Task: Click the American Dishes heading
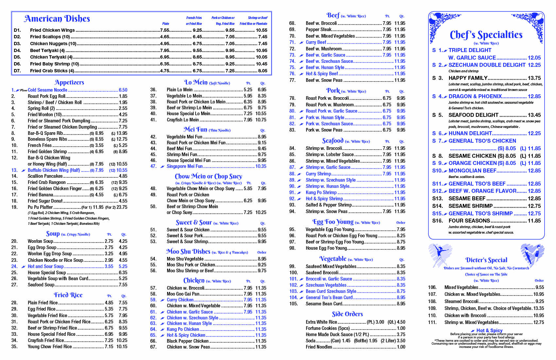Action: pyautogui.click(x=57, y=19)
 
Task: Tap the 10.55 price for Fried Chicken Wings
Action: pyautogui.click(x=261, y=30)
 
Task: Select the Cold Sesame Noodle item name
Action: pyautogui.click(x=47, y=90)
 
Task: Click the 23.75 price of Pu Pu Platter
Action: pyautogui.click(x=122, y=207)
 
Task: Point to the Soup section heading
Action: pyautogui.click(x=53, y=234)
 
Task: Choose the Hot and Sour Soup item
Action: pyautogui.click(x=45, y=266)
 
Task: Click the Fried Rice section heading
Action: pyautogui.click(x=68, y=295)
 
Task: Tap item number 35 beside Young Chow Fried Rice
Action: pyautogui.click(x=14, y=347)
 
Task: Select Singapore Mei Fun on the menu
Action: pyautogui.click(x=184, y=166)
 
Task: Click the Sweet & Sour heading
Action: pyautogui.click(x=194, y=223)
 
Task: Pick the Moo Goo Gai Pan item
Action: pyautogui.click(x=183, y=294)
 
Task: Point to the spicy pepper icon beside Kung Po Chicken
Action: pyautogui.click(x=162, y=330)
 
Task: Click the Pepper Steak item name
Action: pyautogui.click(x=319, y=29)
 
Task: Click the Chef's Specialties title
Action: pyautogui.click(x=486, y=35)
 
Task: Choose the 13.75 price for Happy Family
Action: pyautogui.click(x=534, y=78)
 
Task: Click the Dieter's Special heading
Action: pyautogui.click(x=486, y=260)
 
